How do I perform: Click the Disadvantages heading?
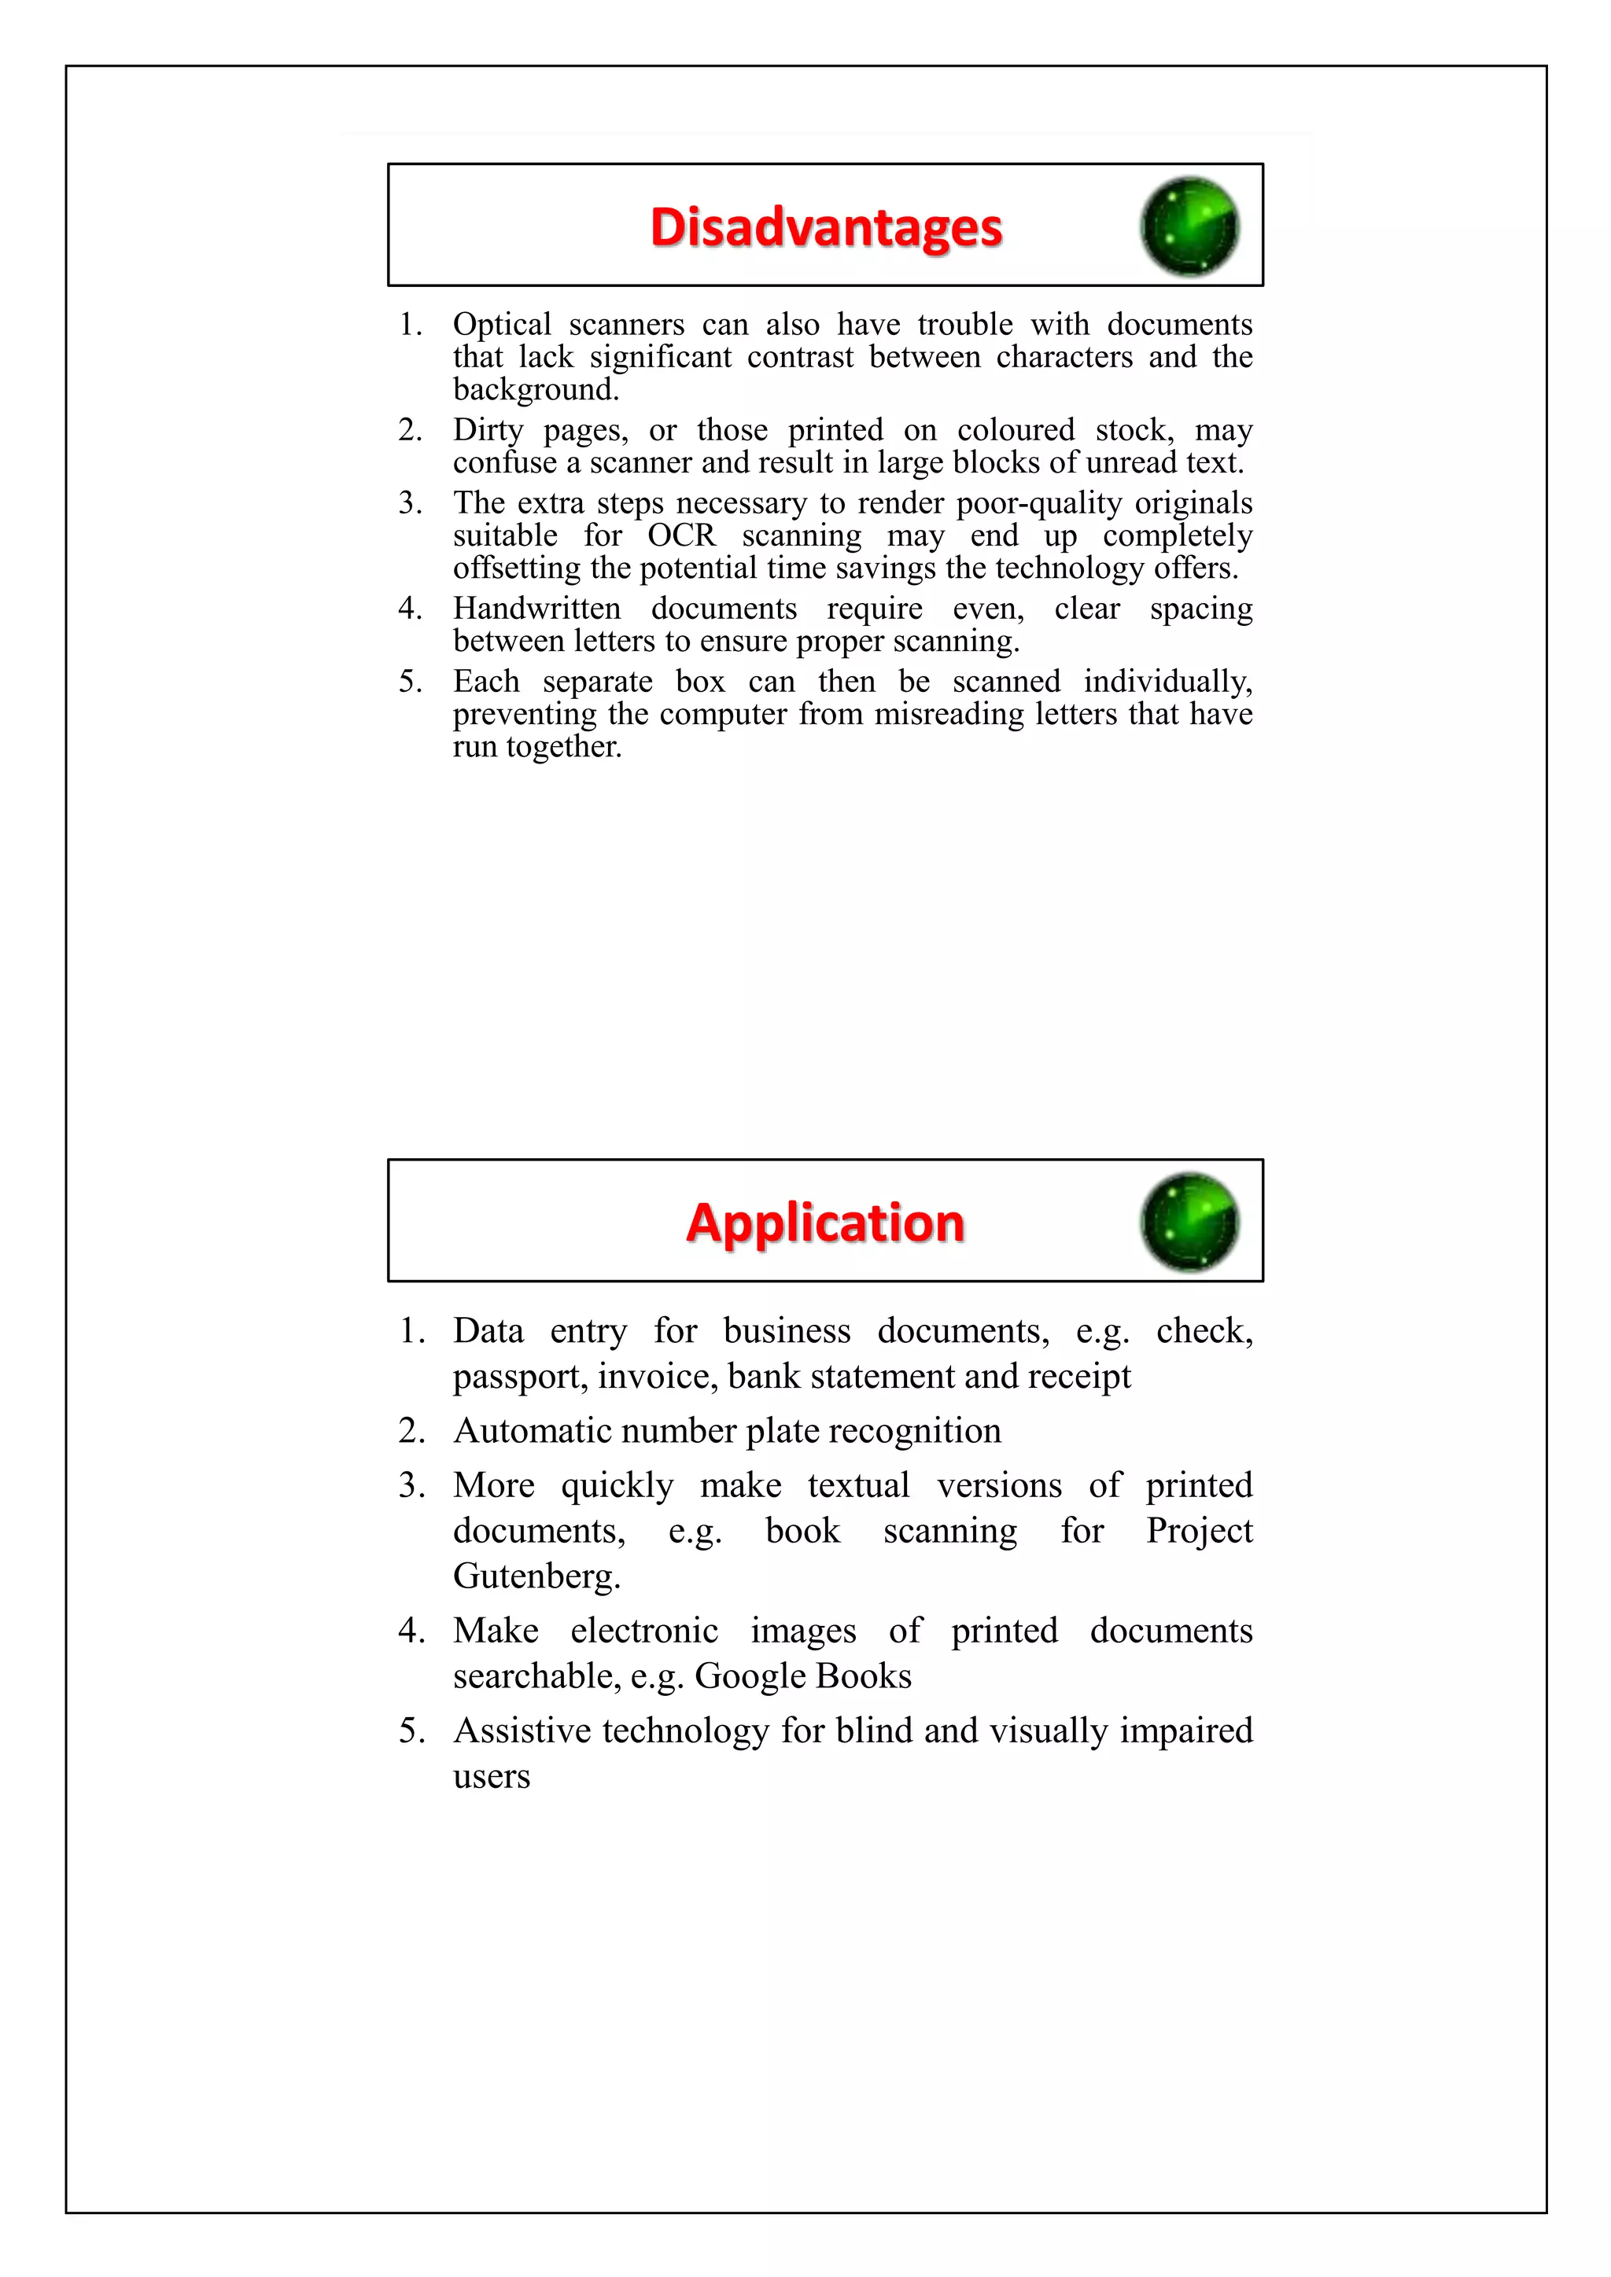(x=825, y=227)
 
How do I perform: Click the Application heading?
(x=824, y=1223)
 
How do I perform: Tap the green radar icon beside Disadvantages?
(x=1189, y=226)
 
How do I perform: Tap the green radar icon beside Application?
(x=1189, y=1222)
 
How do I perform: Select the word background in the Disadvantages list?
(x=536, y=390)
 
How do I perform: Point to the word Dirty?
(x=487, y=430)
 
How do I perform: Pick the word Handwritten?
(x=536, y=608)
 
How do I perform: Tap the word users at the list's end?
(x=491, y=1777)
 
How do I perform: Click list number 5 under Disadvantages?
(x=411, y=682)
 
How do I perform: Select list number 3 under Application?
(x=411, y=1485)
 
